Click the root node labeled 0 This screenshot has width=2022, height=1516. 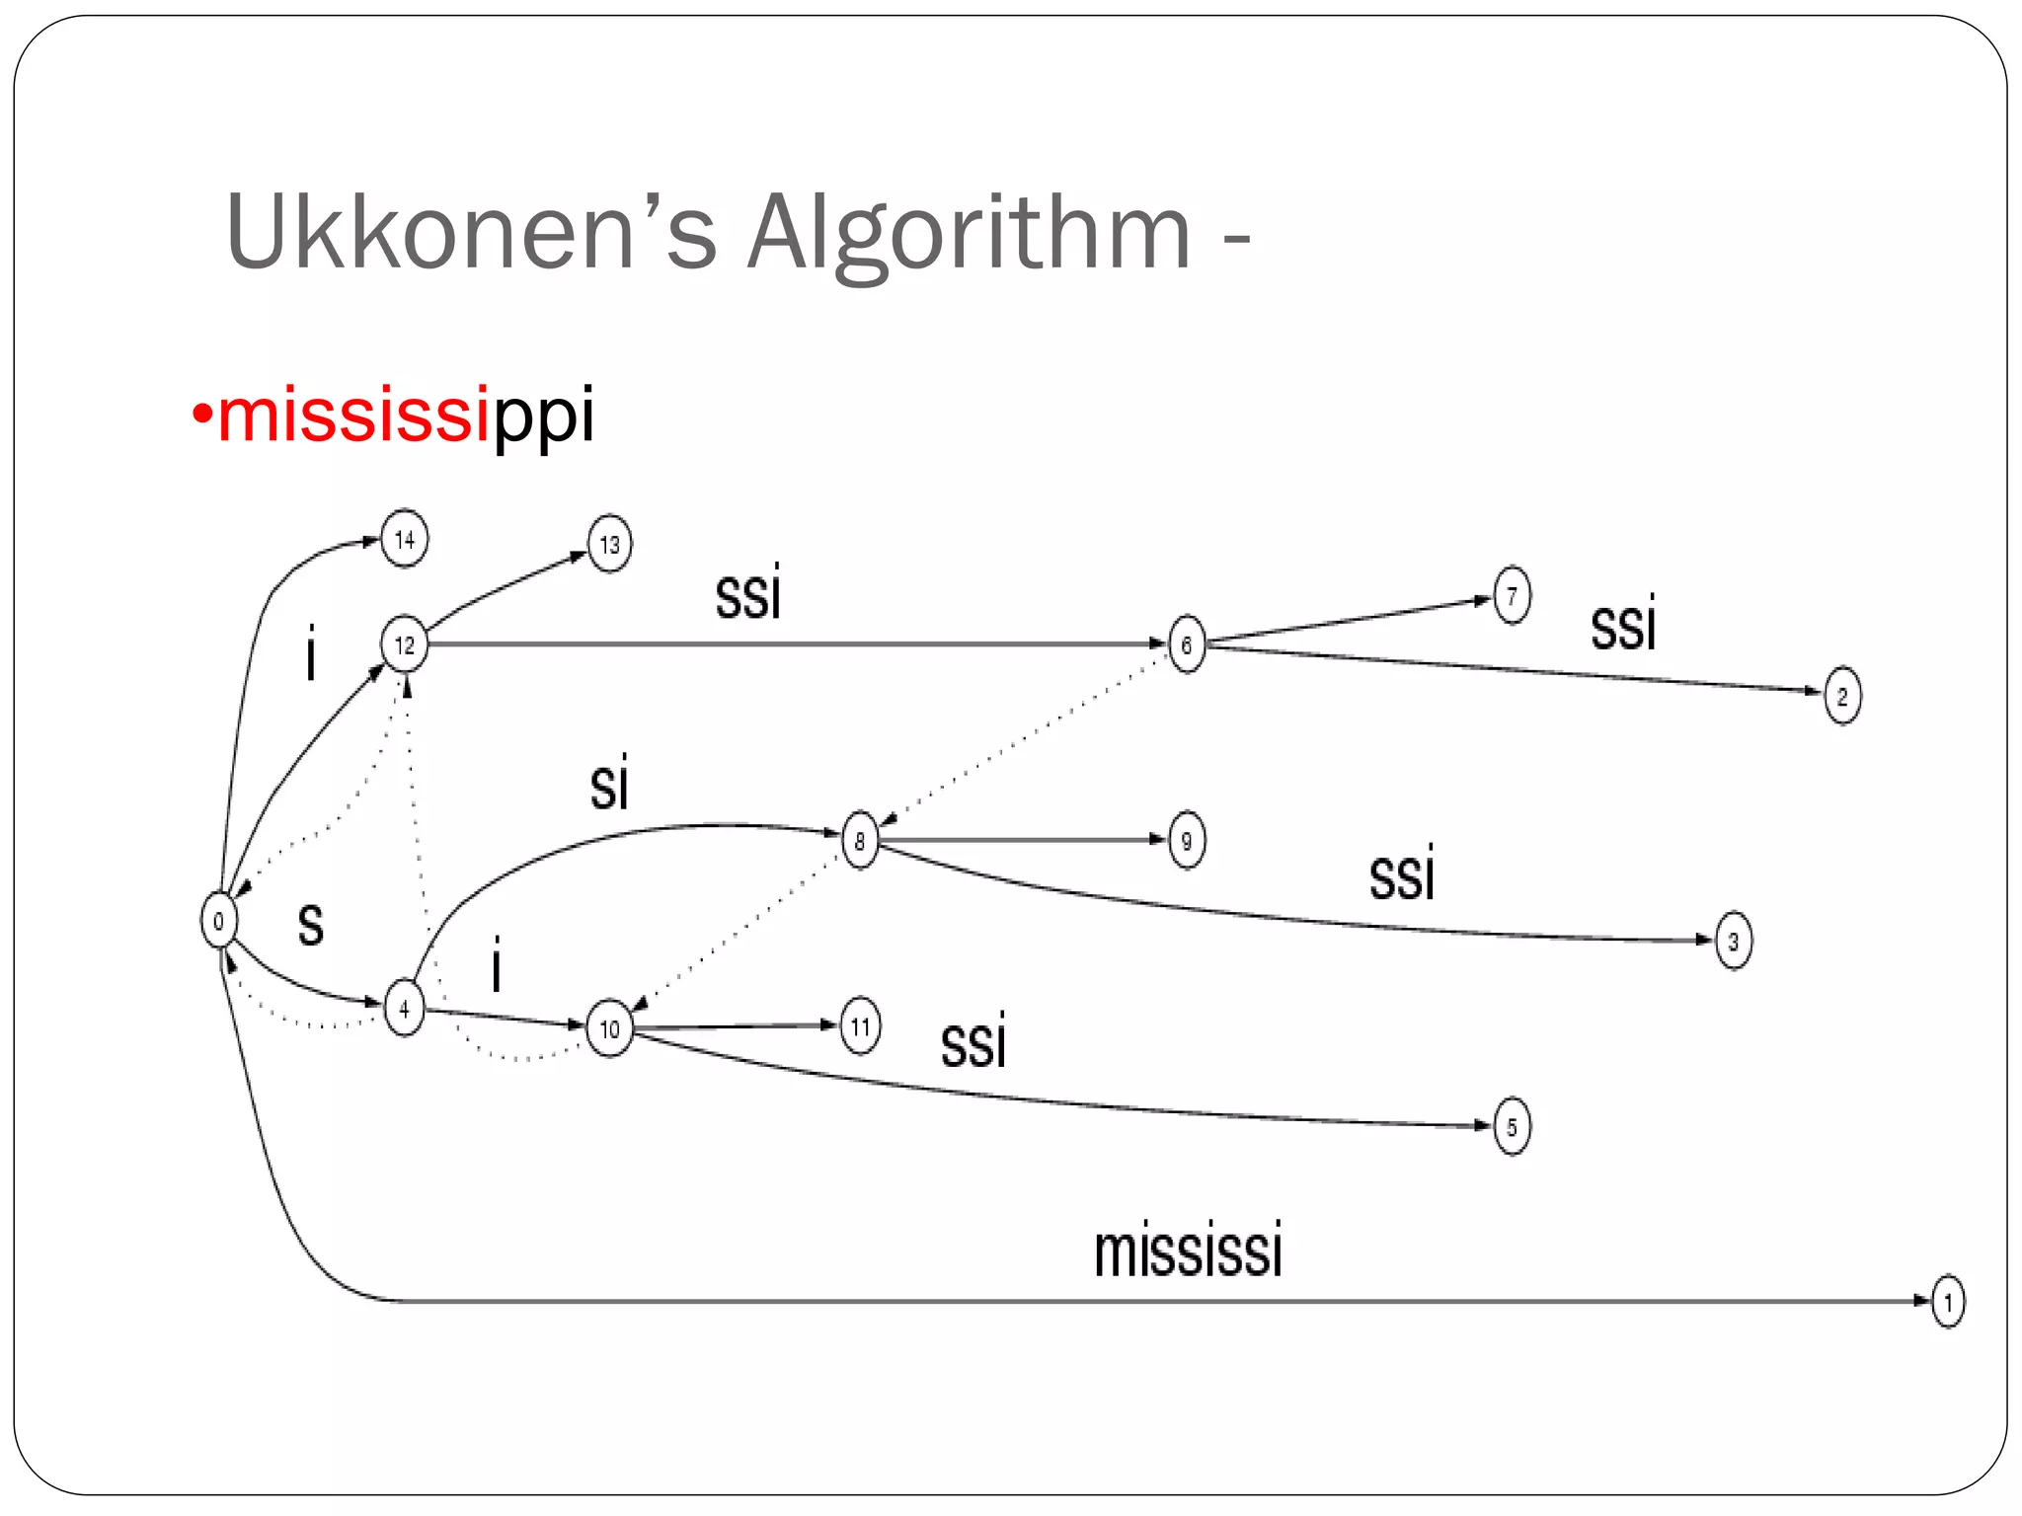(218, 920)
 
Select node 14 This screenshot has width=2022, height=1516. (405, 539)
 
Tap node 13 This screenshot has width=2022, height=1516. (609, 544)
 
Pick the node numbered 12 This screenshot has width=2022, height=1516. (405, 644)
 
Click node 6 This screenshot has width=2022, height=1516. (1186, 644)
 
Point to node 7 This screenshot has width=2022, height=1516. (1512, 595)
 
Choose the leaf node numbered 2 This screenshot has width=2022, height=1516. (1842, 696)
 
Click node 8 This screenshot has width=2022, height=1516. (860, 841)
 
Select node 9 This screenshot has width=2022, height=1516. (1186, 841)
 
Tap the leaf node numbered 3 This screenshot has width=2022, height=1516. (1734, 941)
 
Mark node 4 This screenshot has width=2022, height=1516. (404, 1008)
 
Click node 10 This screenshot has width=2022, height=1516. (609, 1028)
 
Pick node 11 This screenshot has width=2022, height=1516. (860, 1026)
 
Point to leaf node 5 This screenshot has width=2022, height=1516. (1512, 1126)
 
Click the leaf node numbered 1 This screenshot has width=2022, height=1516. (1948, 1302)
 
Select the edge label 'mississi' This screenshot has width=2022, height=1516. (1188, 1251)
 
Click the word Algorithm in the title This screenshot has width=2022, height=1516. (969, 233)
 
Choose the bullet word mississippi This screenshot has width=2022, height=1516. (405, 415)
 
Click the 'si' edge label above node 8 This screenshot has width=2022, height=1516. (609, 786)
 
